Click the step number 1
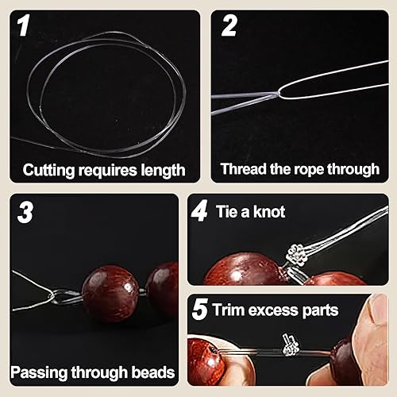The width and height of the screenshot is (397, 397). pos(23,25)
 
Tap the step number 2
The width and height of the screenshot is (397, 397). pos(229,25)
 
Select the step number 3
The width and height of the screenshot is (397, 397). pos(25,212)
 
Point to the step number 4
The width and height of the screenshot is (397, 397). pos(199,211)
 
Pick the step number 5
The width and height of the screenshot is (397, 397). pos(199,310)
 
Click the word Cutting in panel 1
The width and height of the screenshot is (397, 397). pos(48,170)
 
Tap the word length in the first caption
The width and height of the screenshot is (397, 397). pos(163,170)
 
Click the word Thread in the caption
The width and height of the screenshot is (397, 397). pos(243,168)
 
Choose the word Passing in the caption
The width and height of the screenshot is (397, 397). pos(39,372)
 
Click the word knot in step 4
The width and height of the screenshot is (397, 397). pos(269,212)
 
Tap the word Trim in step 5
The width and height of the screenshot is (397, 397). pos(228,310)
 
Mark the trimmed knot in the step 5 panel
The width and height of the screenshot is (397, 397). pos(291,345)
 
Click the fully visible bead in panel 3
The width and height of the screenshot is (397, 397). pos(110,293)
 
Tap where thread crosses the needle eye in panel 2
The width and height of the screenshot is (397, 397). pos(278,93)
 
